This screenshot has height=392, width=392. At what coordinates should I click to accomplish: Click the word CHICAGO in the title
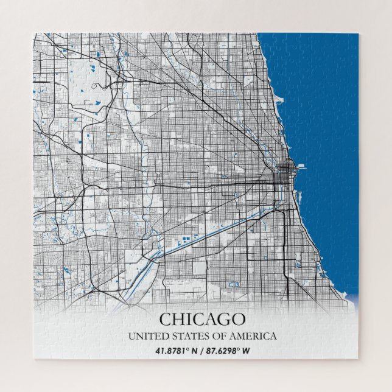(x=202, y=319)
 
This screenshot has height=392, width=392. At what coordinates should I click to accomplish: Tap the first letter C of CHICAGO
(x=164, y=319)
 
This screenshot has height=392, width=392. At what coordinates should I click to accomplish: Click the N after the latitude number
(x=194, y=351)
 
